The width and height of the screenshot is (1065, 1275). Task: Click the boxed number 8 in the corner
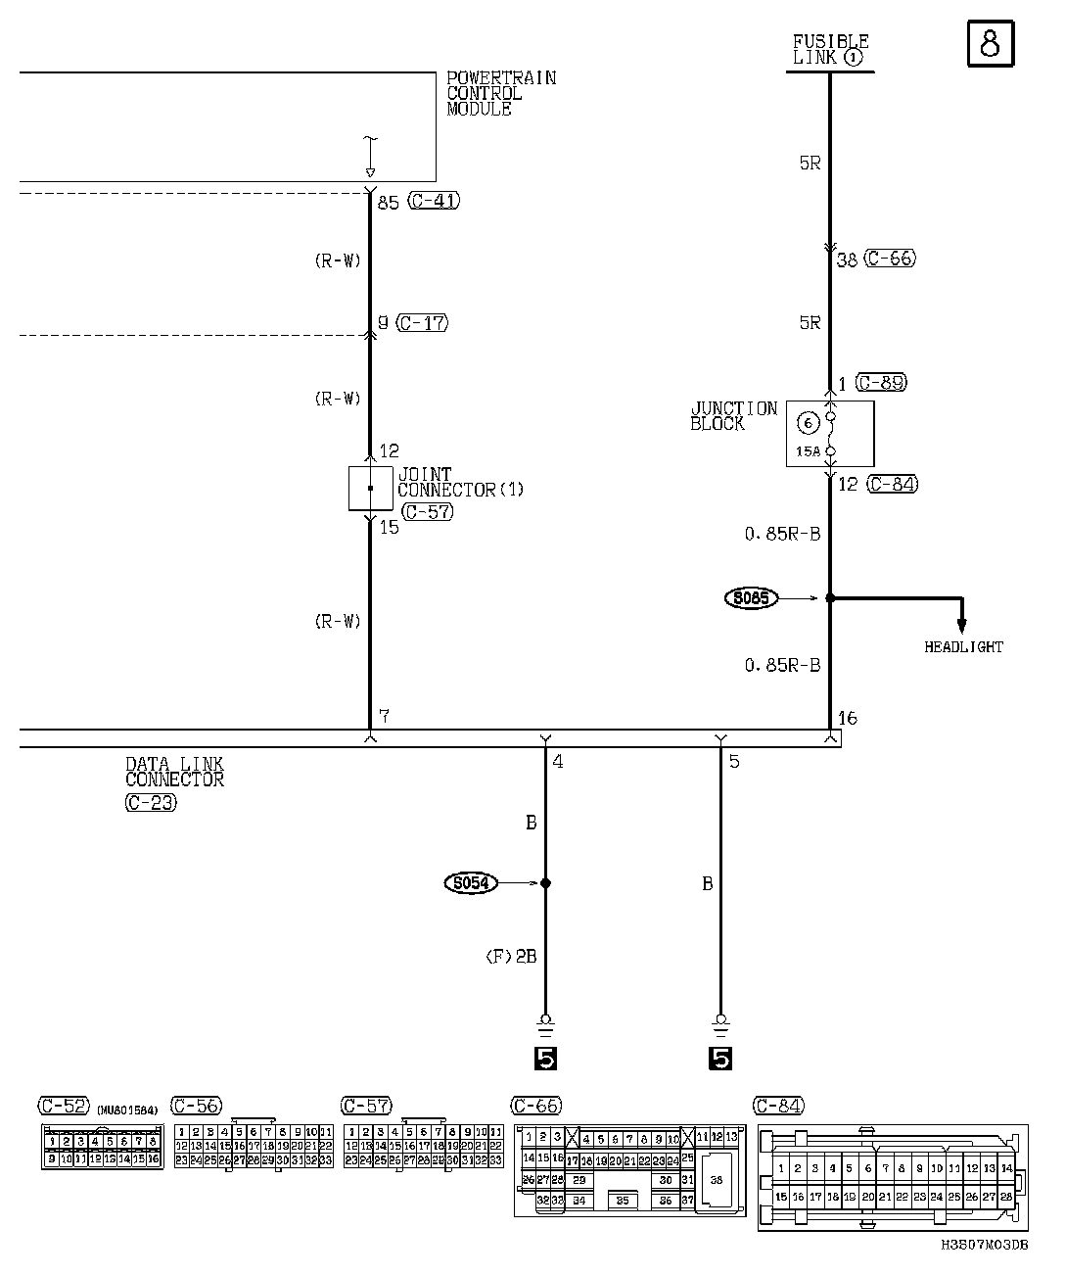point(990,45)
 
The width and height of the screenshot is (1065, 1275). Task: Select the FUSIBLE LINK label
point(830,50)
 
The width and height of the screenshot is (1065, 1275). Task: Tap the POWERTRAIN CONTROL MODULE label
point(500,93)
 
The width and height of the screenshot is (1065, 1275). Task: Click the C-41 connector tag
point(433,202)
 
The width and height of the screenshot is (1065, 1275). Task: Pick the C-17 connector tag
point(423,322)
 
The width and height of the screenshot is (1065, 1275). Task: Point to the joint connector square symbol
point(370,488)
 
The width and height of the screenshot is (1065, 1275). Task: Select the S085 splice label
point(751,597)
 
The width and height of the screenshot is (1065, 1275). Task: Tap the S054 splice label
point(471,883)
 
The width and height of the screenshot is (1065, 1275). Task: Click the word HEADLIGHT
point(963,647)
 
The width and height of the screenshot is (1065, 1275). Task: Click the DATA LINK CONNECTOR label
point(174,773)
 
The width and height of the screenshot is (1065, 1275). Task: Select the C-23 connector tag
point(151,803)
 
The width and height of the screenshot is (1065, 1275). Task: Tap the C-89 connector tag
point(880,383)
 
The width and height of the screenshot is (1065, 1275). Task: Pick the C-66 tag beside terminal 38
point(890,260)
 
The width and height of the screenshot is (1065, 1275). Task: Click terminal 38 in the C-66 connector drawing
point(717,1181)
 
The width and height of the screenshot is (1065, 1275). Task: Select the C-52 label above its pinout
point(63,1106)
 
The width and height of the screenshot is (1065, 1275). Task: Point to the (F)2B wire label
point(511,957)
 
